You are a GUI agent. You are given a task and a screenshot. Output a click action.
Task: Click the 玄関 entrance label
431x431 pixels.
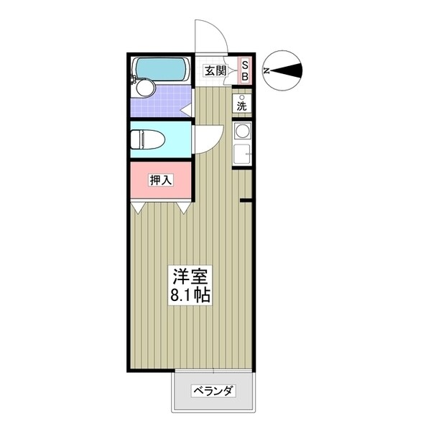tap(214, 70)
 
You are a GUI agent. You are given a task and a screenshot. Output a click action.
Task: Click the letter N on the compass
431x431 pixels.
tap(267, 71)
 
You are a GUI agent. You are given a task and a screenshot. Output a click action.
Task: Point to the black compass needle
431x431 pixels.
tap(290, 71)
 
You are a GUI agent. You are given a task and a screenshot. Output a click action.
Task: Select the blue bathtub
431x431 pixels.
tap(159, 69)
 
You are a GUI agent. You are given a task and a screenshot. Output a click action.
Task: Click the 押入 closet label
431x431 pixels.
tap(161, 180)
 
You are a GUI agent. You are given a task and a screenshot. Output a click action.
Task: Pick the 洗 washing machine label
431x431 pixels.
tap(243, 106)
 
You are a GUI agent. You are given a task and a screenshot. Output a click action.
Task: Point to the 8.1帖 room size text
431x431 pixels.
tap(190, 295)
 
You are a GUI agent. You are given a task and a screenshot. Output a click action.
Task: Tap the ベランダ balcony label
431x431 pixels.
tap(213, 391)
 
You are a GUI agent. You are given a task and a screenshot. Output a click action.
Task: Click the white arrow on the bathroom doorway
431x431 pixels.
tap(185, 111)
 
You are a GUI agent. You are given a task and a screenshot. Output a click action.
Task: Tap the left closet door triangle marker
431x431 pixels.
tap(138, 208)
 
